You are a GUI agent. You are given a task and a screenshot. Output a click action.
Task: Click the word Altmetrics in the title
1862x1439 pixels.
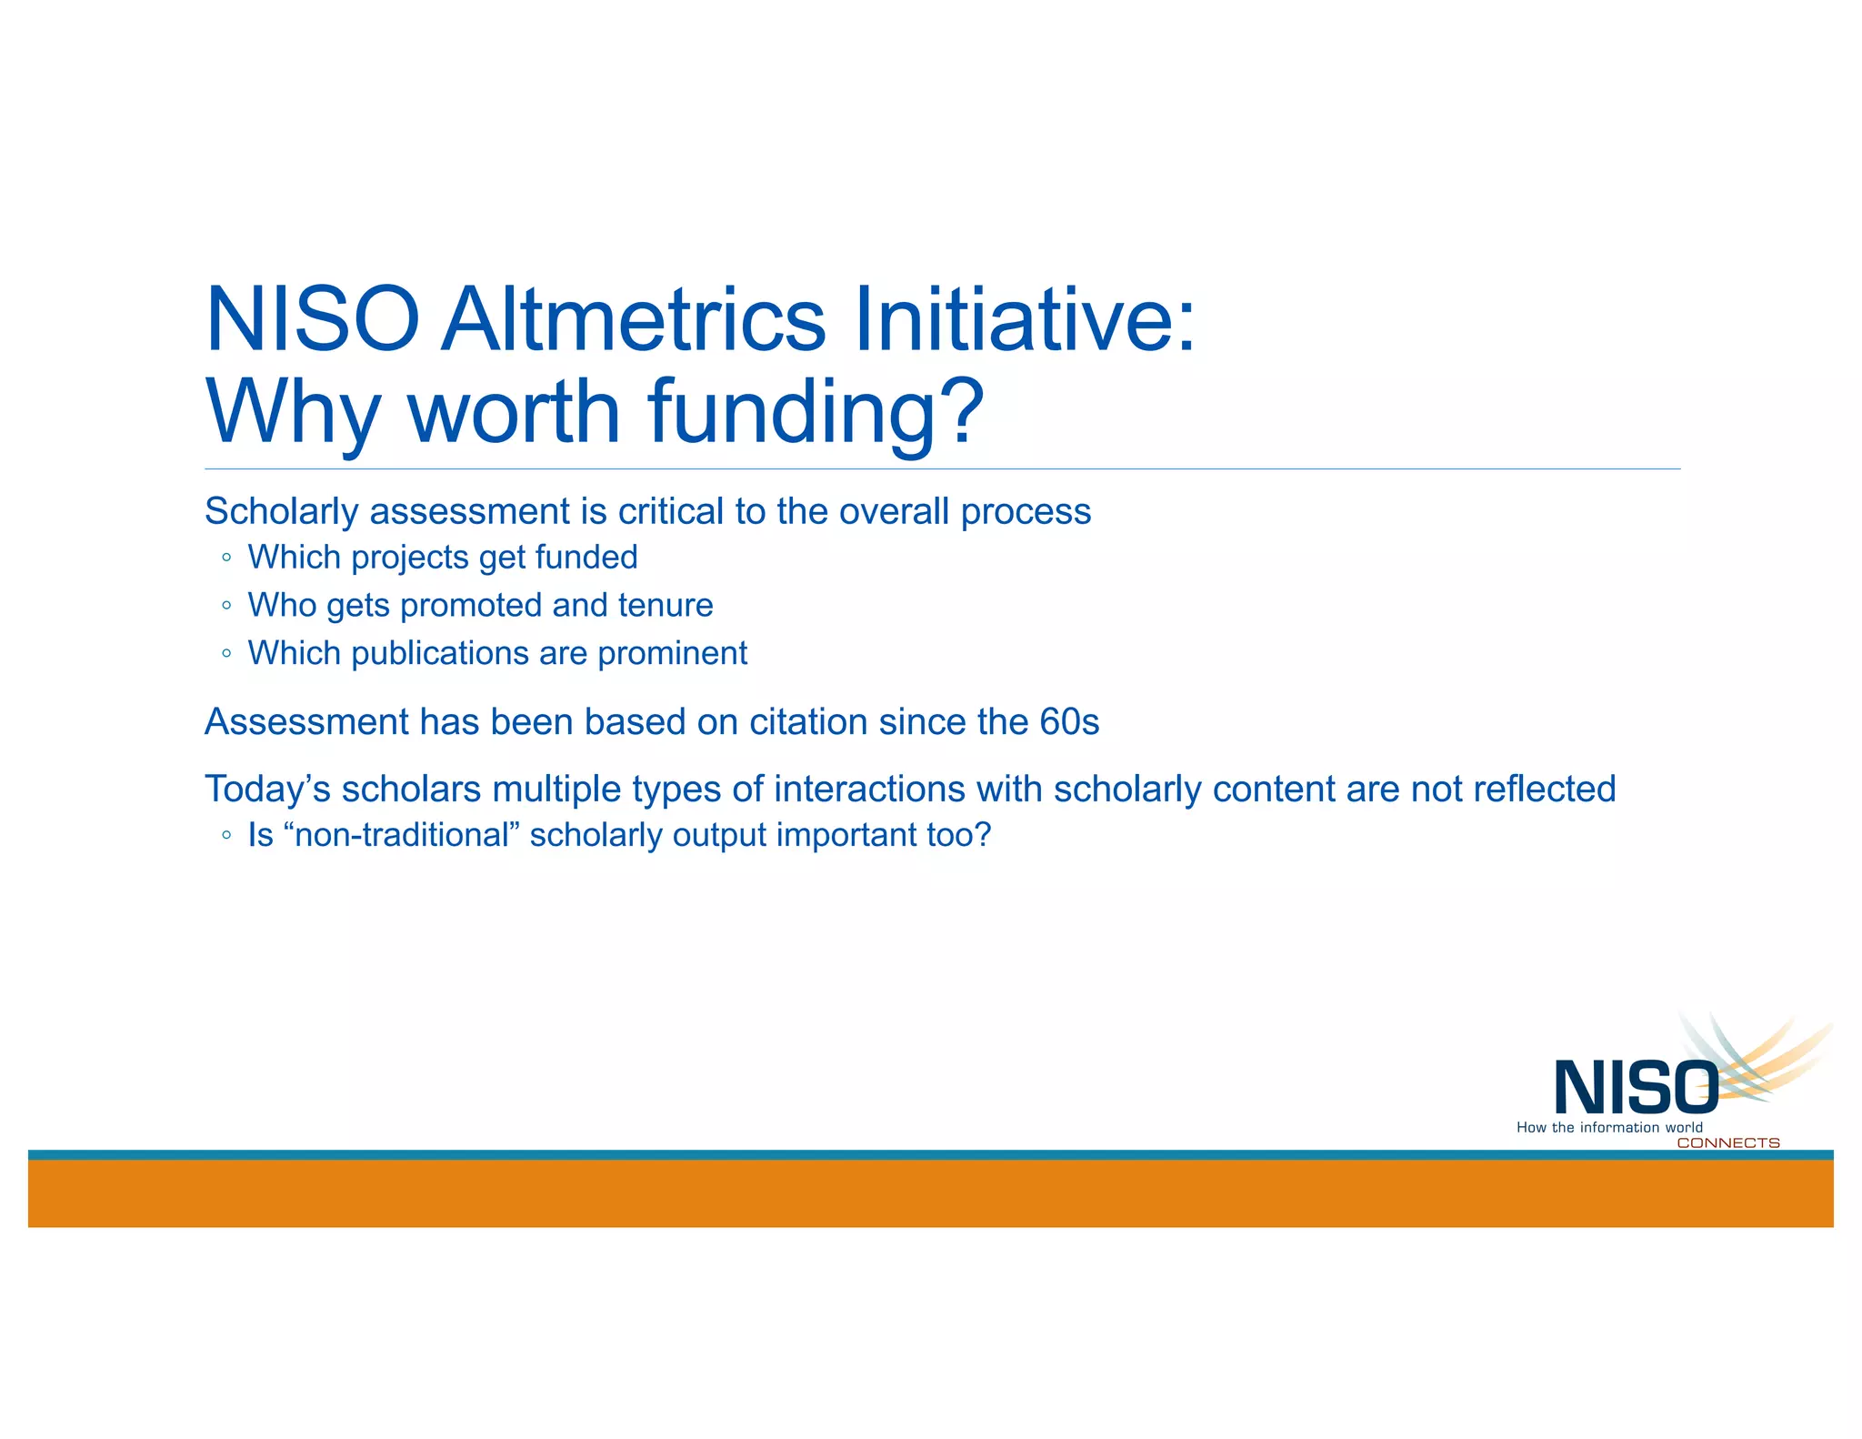click(x=634, y=320)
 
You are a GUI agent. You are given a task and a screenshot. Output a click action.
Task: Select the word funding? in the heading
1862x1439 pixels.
click(x=816, y=411)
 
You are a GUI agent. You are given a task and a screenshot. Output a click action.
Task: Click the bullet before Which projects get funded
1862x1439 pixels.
click(x=226, y=558)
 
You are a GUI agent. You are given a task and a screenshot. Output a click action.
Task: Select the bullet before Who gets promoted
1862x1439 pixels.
click(x=226, y=606)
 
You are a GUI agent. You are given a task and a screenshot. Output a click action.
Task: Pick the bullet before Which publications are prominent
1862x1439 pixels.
click(x=226, y=654)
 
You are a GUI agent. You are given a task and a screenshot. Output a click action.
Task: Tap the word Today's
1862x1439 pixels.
click(x=267, y=789)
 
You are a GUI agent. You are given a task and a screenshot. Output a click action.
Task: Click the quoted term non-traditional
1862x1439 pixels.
click(x=401, y=835)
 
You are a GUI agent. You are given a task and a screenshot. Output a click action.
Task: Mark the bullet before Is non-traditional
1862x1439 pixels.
click(x=226, y=835)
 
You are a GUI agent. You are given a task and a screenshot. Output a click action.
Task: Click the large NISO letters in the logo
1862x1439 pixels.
click(x=1635, y=1088)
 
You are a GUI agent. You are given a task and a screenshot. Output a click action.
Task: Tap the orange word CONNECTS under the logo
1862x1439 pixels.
click(x=1727, y=1143)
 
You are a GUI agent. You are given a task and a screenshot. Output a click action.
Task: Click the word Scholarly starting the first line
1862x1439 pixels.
click(x=282, y=511)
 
